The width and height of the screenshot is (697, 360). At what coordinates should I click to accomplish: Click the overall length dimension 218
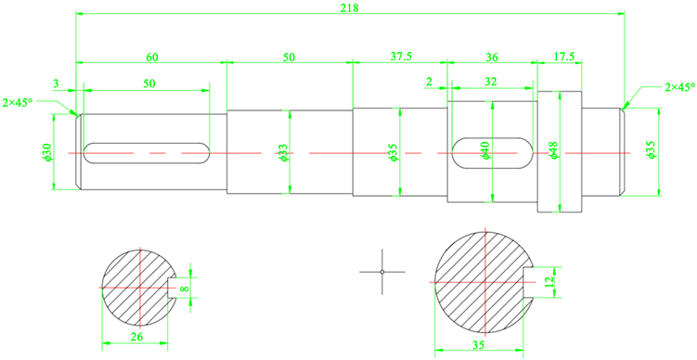[349, 7]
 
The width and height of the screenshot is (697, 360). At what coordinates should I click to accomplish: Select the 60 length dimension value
[152, 57]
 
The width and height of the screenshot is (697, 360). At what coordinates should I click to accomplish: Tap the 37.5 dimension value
[401, 57]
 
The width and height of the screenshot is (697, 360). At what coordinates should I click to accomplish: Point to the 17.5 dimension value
[564, 57]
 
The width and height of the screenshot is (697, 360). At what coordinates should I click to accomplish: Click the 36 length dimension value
[492, 57]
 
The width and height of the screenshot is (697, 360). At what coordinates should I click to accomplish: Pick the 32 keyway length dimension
[491, 82]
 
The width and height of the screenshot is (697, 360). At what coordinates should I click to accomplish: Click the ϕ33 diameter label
[284, 152]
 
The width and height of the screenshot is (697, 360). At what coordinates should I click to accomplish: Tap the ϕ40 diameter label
[484, 150]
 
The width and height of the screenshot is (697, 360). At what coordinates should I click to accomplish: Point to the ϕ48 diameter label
[553, 150]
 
